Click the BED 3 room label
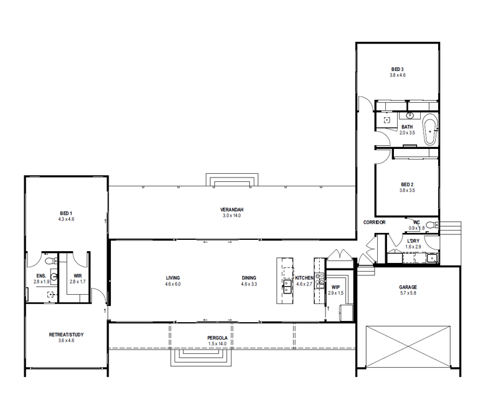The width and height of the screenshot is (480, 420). [397, 69]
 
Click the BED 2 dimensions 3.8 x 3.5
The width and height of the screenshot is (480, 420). [406, 191]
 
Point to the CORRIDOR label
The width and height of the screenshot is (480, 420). [375, 222]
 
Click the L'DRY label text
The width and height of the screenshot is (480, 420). [413, 241]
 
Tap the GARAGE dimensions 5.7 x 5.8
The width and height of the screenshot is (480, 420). [408, 294]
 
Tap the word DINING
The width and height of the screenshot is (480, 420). [249, 278]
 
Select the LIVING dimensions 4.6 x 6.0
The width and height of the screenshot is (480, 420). [173, 284]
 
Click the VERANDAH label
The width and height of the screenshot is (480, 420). [231, 209]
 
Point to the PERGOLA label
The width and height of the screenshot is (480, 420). [218, 338]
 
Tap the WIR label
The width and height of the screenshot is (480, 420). [78, 275]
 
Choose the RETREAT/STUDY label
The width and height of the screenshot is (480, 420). [66, 335]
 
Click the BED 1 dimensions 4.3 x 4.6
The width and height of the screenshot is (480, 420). [66, 219]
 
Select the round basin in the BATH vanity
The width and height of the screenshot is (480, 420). [410, 116]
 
